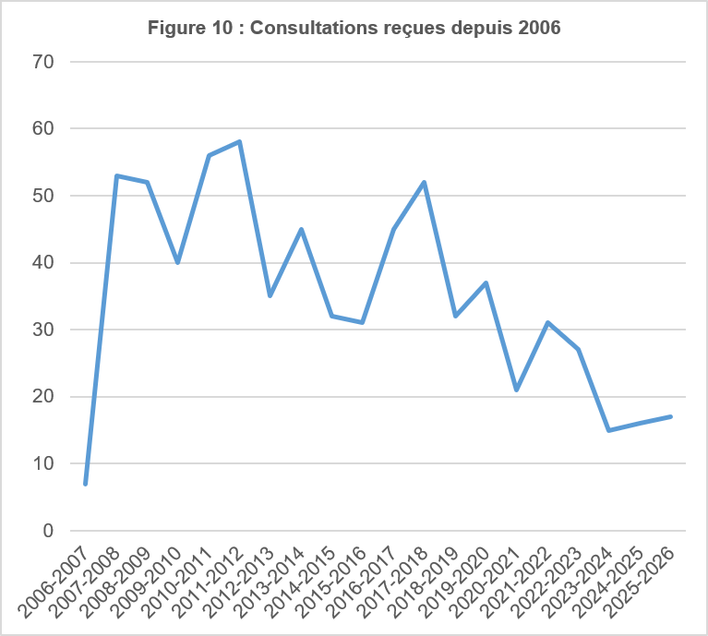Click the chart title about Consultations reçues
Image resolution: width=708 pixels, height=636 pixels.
coord(354,28)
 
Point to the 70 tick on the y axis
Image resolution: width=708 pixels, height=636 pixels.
coord(43,62)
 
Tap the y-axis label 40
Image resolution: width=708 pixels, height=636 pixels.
coord(43,263)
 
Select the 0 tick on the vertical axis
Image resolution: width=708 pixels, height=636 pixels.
coord(48,531)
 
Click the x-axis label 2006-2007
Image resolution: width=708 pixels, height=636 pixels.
coord(54,582)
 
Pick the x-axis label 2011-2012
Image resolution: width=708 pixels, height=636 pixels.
coord(209,582)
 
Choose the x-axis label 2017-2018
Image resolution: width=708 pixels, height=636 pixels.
coord(393,582)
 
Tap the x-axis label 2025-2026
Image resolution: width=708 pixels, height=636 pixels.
coord(640,582)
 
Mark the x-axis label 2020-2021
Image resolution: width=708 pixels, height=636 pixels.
coord(486,582)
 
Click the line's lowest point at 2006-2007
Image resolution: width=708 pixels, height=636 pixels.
coord(85,484)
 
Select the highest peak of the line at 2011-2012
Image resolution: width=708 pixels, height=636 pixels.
coord(240,142)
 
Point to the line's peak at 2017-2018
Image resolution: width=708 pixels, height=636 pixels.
coord(425,182)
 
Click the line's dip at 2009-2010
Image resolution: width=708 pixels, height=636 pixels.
coord(178,262)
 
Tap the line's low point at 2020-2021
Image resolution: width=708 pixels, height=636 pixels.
coord(517,390)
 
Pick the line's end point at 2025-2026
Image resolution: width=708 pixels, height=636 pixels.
coord(670,416)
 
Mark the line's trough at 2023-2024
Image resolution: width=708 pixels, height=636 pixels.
coord(609,430)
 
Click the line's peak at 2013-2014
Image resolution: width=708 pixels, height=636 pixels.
coord(301,229)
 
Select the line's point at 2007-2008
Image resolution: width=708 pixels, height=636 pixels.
coord(116,175)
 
